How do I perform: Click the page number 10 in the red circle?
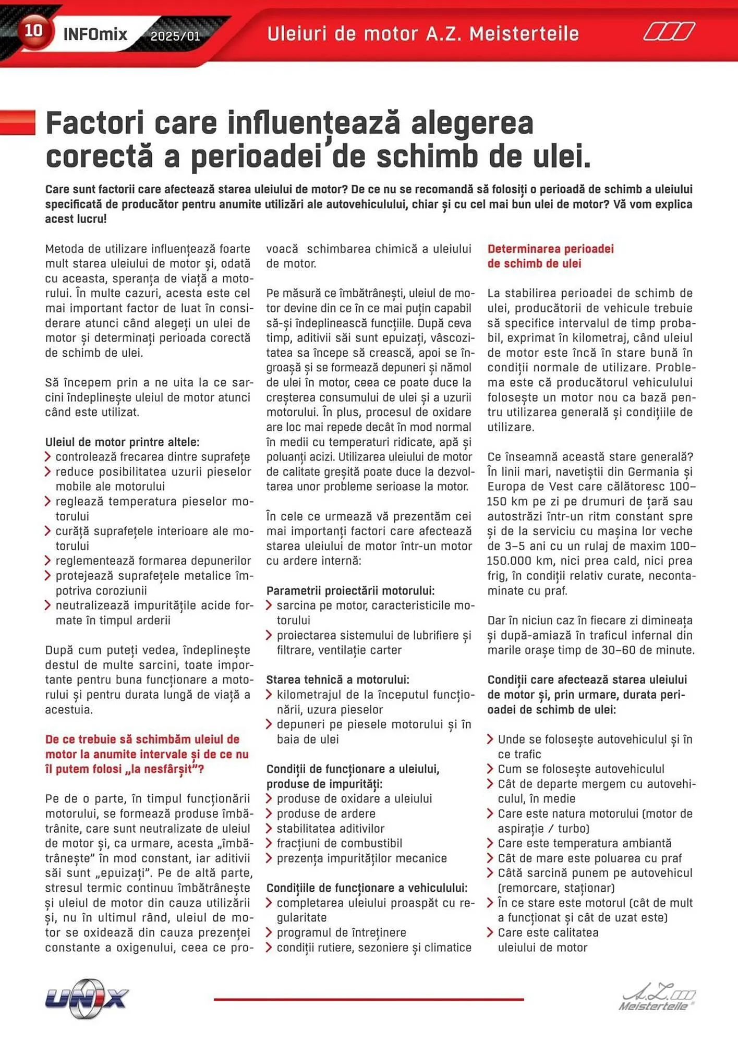click(33, 31)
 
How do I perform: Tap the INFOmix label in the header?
click(95, 34)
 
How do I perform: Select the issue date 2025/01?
click(175, 37)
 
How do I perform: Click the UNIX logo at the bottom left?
click(87, 998)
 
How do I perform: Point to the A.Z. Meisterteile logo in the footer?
click(658, 999)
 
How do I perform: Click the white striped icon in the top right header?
click(669, 32)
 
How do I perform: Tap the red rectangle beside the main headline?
click(18, 123)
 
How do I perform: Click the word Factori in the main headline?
click(94, 124)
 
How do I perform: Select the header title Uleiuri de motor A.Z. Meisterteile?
click(422, 34)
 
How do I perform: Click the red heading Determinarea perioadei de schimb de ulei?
click(550, 256)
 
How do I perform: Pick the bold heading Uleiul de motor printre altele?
click(122, 442)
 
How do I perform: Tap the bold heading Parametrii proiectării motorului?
click(350, 591)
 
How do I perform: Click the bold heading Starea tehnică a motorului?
click(337, 680)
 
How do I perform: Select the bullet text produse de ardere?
click(326, 814)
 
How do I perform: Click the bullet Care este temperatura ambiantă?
click(584, 843)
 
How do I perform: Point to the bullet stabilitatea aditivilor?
click(330, 829)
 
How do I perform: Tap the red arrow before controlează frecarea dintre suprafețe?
click(48, 457)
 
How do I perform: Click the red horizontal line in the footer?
click(369, 999)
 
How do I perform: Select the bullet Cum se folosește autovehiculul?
click(580, 769)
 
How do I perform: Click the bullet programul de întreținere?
click(341, 932)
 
